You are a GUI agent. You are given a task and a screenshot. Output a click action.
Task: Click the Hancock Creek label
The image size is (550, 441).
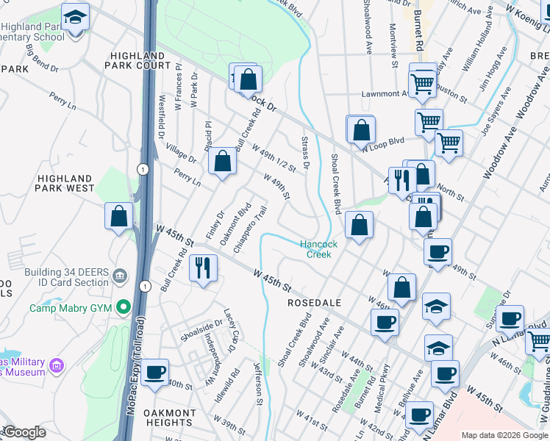[x=318, y=249]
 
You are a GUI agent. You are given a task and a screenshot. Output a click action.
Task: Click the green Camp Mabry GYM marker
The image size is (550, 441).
[x=124, y=307]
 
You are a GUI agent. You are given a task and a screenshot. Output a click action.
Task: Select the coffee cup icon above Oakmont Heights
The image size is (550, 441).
[x=155, y=372]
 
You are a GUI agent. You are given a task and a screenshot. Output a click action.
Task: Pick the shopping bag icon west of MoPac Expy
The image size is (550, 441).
[x=119, y=217]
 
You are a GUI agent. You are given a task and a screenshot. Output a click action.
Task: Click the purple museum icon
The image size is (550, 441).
[x=57, y=365]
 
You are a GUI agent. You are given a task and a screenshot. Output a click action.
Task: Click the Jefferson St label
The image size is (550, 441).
[x=258, y=381]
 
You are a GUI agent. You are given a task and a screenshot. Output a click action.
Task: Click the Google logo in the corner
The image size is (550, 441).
[x=24, y=432]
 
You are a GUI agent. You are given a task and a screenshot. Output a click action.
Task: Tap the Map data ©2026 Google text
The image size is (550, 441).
[x=505, y=435]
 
